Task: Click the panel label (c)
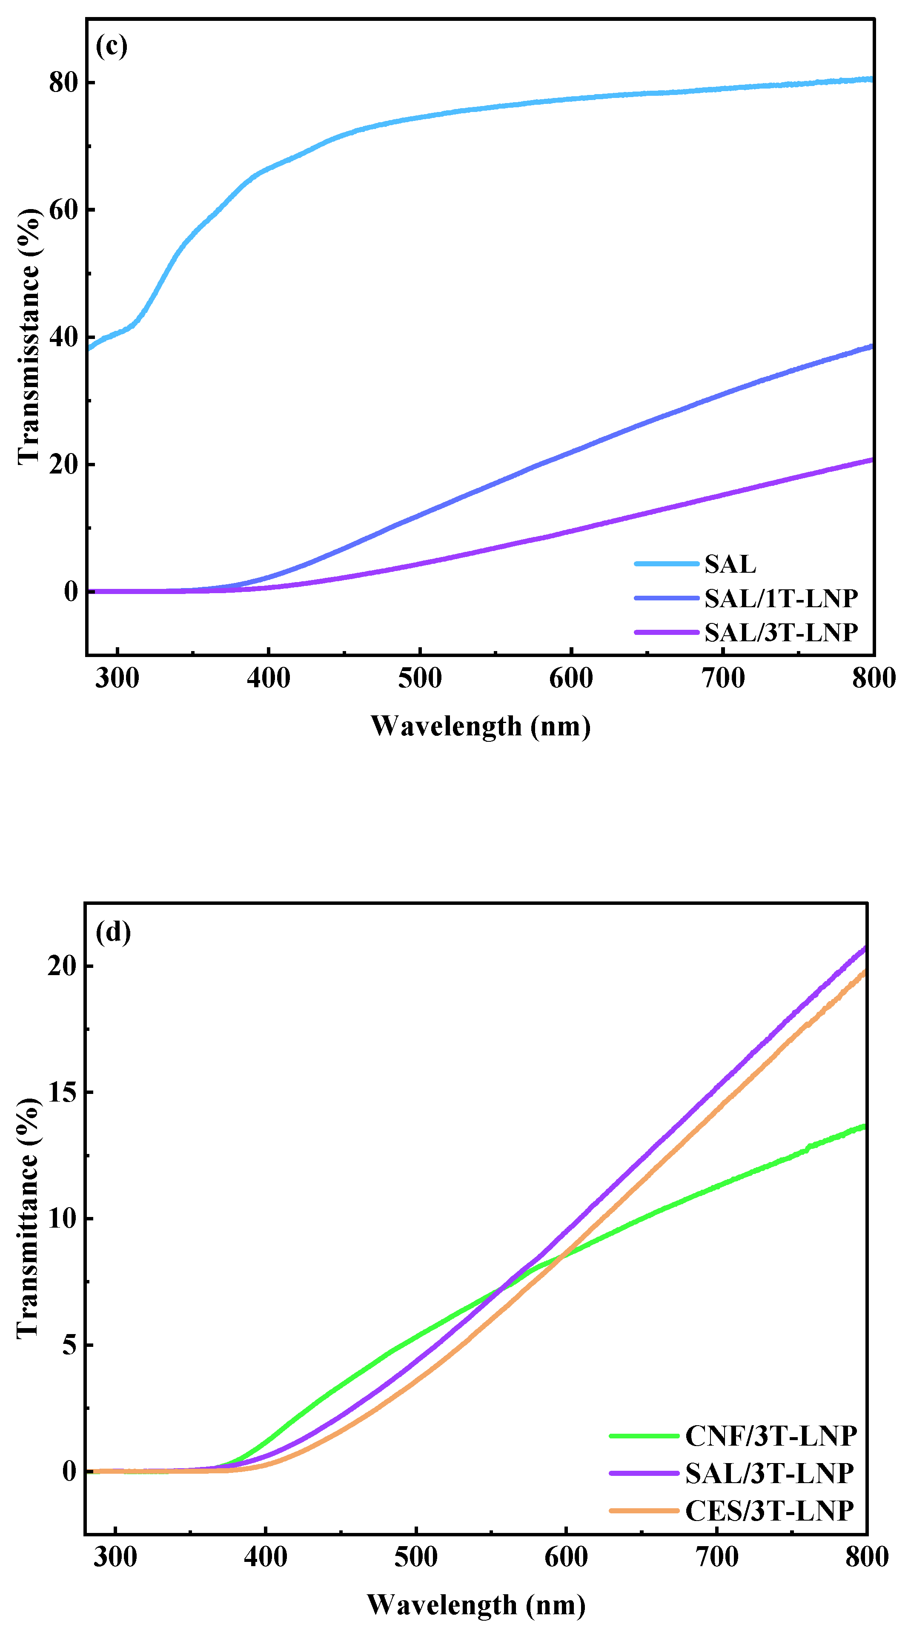point(112,46)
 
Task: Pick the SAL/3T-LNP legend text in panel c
point(781,632)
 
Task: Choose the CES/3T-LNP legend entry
point(769,1511)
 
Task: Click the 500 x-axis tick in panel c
point(419,678)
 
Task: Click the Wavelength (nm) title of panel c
point(480,726)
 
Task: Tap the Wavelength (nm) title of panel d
point(476,1605)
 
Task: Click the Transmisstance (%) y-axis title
point(29,336)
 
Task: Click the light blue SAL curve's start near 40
point(90,347)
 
